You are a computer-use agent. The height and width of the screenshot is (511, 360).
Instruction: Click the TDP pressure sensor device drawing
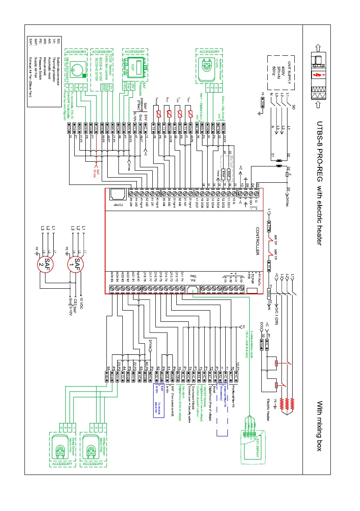coord(133,67)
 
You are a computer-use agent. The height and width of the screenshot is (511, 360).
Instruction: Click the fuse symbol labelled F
coord(286,175)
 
